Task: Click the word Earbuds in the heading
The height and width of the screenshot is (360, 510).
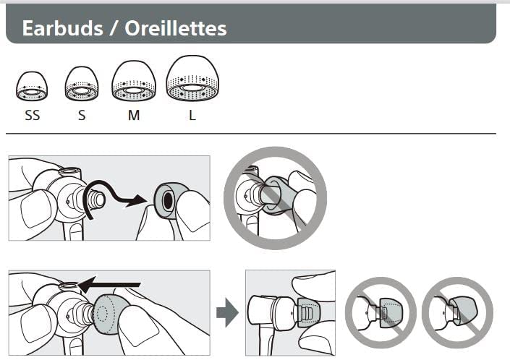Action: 62,28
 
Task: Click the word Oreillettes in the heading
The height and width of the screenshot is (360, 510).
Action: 176,28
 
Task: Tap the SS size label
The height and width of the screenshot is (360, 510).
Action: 33,115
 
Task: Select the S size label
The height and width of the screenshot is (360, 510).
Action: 82,115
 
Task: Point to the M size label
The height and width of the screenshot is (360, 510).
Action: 134,115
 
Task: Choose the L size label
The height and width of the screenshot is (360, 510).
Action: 192,115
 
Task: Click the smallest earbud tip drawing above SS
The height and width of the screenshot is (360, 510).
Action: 32,86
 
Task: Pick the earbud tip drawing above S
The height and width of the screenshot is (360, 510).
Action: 82,84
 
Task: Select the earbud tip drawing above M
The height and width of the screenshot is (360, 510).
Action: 134,81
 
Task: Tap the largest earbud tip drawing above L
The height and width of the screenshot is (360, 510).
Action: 192,78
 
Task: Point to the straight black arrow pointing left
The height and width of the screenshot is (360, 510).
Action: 110,285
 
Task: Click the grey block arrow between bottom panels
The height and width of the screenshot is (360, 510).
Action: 227,312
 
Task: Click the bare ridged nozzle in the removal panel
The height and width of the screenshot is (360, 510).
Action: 97,199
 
